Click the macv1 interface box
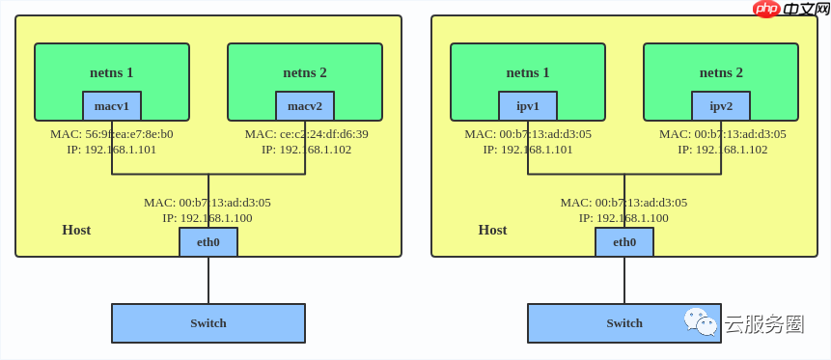[x=112, y=106]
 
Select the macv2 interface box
[x=305, y=106]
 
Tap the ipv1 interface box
[x=528, y=106]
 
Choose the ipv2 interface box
[x=721, y=106]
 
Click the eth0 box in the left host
[x=208, y=242]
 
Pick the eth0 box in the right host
[x=624, y=242]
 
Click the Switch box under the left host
[x=208, y=323]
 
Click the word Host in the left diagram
[x=76, y=230]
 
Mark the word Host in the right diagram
[x=492, y=230]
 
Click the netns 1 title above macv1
[x=112, y=72]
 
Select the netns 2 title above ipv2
[x=721, y=72]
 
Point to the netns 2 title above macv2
[x=305, y=72]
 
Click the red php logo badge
[x=766, y=9]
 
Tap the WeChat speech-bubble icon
[x=701, y=321]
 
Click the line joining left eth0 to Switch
[x=208, y=280]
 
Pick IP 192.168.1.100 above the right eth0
[x=623, y=218]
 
